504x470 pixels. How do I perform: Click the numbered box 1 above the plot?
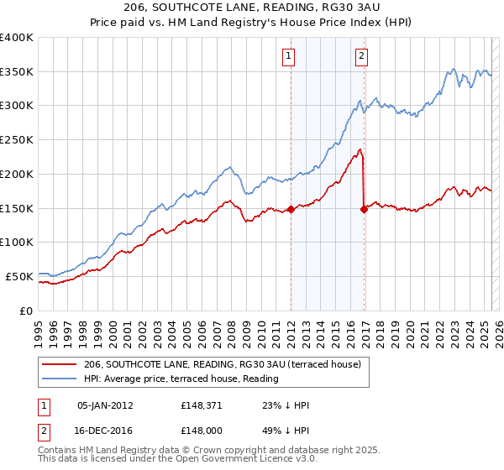coord(288,56)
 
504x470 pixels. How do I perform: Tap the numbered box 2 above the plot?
coord(361,56)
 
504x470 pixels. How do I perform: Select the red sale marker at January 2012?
coord(291,209)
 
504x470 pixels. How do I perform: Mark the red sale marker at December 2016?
coord(364,210)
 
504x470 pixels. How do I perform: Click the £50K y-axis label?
coord(18,276)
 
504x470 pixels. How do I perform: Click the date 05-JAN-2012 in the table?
coord(104,405)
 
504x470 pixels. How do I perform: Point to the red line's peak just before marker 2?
coord(360,150)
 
